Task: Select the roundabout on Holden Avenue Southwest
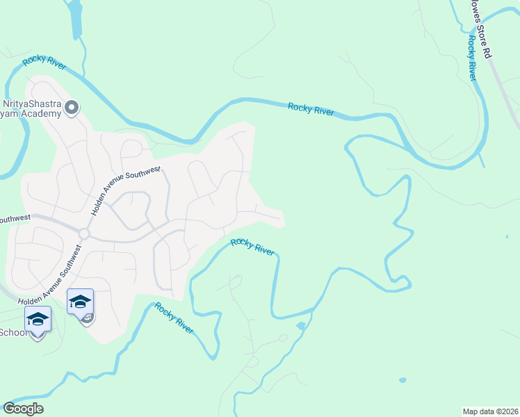click(84, 234)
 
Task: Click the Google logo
click(23, 408)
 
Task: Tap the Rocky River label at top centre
click(311, 108)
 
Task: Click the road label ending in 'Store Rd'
click(480, 28)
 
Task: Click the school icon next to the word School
click(38, 320)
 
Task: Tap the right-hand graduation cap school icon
click(80, 302)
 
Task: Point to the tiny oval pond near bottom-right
click(403, 380)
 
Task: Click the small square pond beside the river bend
click(300, 325)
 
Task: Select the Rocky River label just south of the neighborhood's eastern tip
click(252, 247)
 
